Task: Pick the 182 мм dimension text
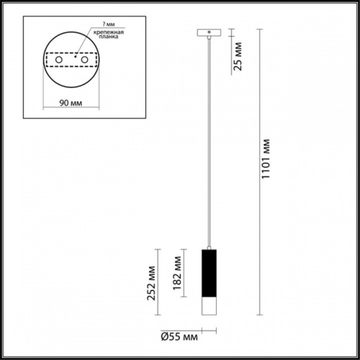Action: click(x=177, y=271)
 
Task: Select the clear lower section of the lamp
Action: click(x=208, y=305)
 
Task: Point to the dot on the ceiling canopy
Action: click(x=208, y=32)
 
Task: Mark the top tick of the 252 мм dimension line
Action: click(x=161, y=248)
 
